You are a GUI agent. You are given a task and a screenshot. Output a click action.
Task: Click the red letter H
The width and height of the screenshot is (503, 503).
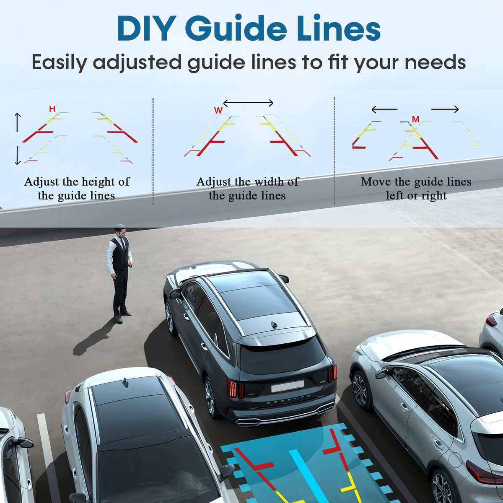(52, 109)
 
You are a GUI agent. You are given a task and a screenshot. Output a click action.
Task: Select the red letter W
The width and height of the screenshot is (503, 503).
(218, 110)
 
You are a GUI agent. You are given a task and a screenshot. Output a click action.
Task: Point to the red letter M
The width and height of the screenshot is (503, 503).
(415, 119)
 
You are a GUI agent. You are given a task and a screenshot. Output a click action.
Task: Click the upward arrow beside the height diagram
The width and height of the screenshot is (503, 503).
(18, 122)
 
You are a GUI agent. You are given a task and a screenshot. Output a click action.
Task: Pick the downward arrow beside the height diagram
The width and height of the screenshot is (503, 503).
(18, 156)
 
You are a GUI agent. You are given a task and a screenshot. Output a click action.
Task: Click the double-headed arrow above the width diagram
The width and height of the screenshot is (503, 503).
(248, 103)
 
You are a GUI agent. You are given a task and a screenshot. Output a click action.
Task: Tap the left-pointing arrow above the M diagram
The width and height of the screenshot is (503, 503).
(384, 109)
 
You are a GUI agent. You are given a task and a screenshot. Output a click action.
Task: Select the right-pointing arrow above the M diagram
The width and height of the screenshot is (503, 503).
(445, 109)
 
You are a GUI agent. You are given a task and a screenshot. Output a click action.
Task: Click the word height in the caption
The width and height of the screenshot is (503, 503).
(99, 182)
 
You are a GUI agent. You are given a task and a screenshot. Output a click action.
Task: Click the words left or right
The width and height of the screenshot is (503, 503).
(416, 196)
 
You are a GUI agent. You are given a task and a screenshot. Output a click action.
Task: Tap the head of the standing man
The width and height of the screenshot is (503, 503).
(120, 230)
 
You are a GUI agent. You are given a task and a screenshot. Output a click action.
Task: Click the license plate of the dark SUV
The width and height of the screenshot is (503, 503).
(288, 386)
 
